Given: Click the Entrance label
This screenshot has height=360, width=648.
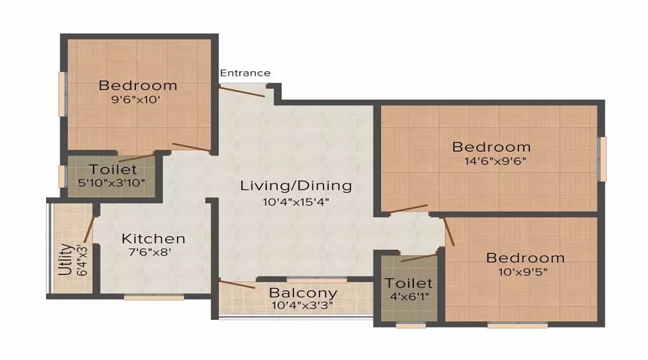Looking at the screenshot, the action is [x=245, y=73].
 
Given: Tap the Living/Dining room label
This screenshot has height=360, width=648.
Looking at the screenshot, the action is [x=296, y=186].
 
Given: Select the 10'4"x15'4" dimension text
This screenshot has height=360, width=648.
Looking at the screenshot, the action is [x=296, y=202].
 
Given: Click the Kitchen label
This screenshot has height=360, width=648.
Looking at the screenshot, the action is [x=153, y=238].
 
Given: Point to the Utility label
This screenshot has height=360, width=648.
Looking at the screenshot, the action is [x=66, y=260].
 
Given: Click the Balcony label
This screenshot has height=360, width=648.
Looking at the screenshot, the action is [x=303, y=292].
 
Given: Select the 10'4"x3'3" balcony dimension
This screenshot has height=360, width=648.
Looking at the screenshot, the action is [x=302, y=306].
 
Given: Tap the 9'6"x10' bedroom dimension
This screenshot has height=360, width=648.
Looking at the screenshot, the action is [x=135, y=99].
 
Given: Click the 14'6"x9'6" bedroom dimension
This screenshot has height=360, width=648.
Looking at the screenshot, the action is [x=495, y=161].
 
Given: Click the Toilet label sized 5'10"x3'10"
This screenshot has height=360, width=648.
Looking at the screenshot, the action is [x=113, y=169].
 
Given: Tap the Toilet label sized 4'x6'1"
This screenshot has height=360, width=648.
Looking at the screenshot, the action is [x=409, y=283].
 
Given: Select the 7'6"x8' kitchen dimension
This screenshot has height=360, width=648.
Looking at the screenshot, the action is [x=150, y=252].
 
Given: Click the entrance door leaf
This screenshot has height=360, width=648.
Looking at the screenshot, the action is [x=242, y=91].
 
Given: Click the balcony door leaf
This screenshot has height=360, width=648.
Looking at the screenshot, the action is [x=237, y=284].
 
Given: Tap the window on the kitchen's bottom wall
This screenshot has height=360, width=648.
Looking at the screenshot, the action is [x=154, y=297].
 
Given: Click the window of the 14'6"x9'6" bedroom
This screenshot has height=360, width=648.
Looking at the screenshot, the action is [x=603, y=158].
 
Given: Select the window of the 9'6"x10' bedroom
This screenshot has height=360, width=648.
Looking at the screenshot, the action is [x=63, y=94].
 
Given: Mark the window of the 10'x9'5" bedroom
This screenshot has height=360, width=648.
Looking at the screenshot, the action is [x=518, y=325].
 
